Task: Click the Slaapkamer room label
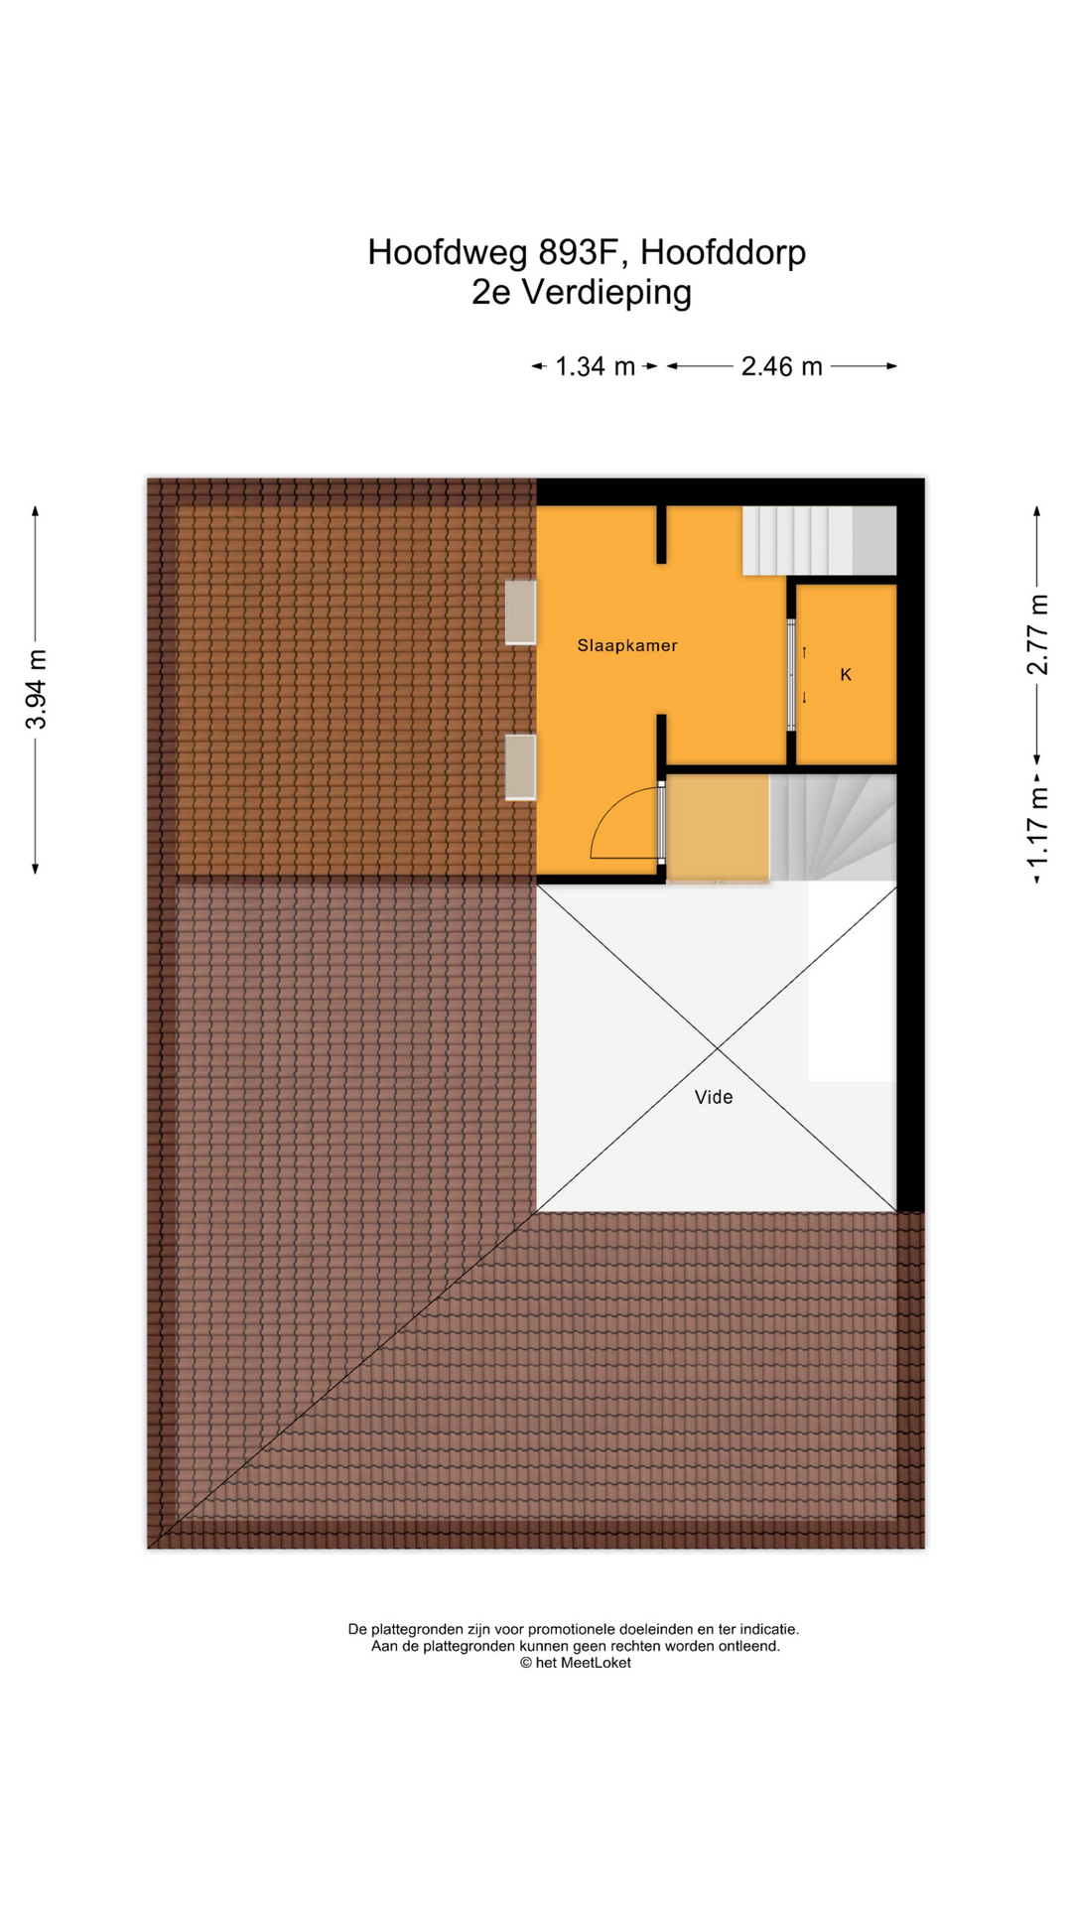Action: [627, 645]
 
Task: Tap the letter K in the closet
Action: [846, 675]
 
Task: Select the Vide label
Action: [714, 1097]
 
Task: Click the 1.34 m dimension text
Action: [595, 366]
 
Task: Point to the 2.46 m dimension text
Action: [782, 366]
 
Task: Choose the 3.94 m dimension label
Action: [37, 690]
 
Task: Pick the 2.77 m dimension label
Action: [1037, 634]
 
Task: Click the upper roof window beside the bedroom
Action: [520, 613]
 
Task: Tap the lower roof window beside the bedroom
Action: [520, 767]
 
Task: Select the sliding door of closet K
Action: [791, 675]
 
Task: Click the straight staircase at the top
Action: [820, 541]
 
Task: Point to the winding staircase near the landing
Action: [834, 828]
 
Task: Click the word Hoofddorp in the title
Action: [723, 253]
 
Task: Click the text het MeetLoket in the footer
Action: [583, 1663]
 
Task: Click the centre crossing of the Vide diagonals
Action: [717, 1048]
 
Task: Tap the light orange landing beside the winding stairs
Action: [718, 828]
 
